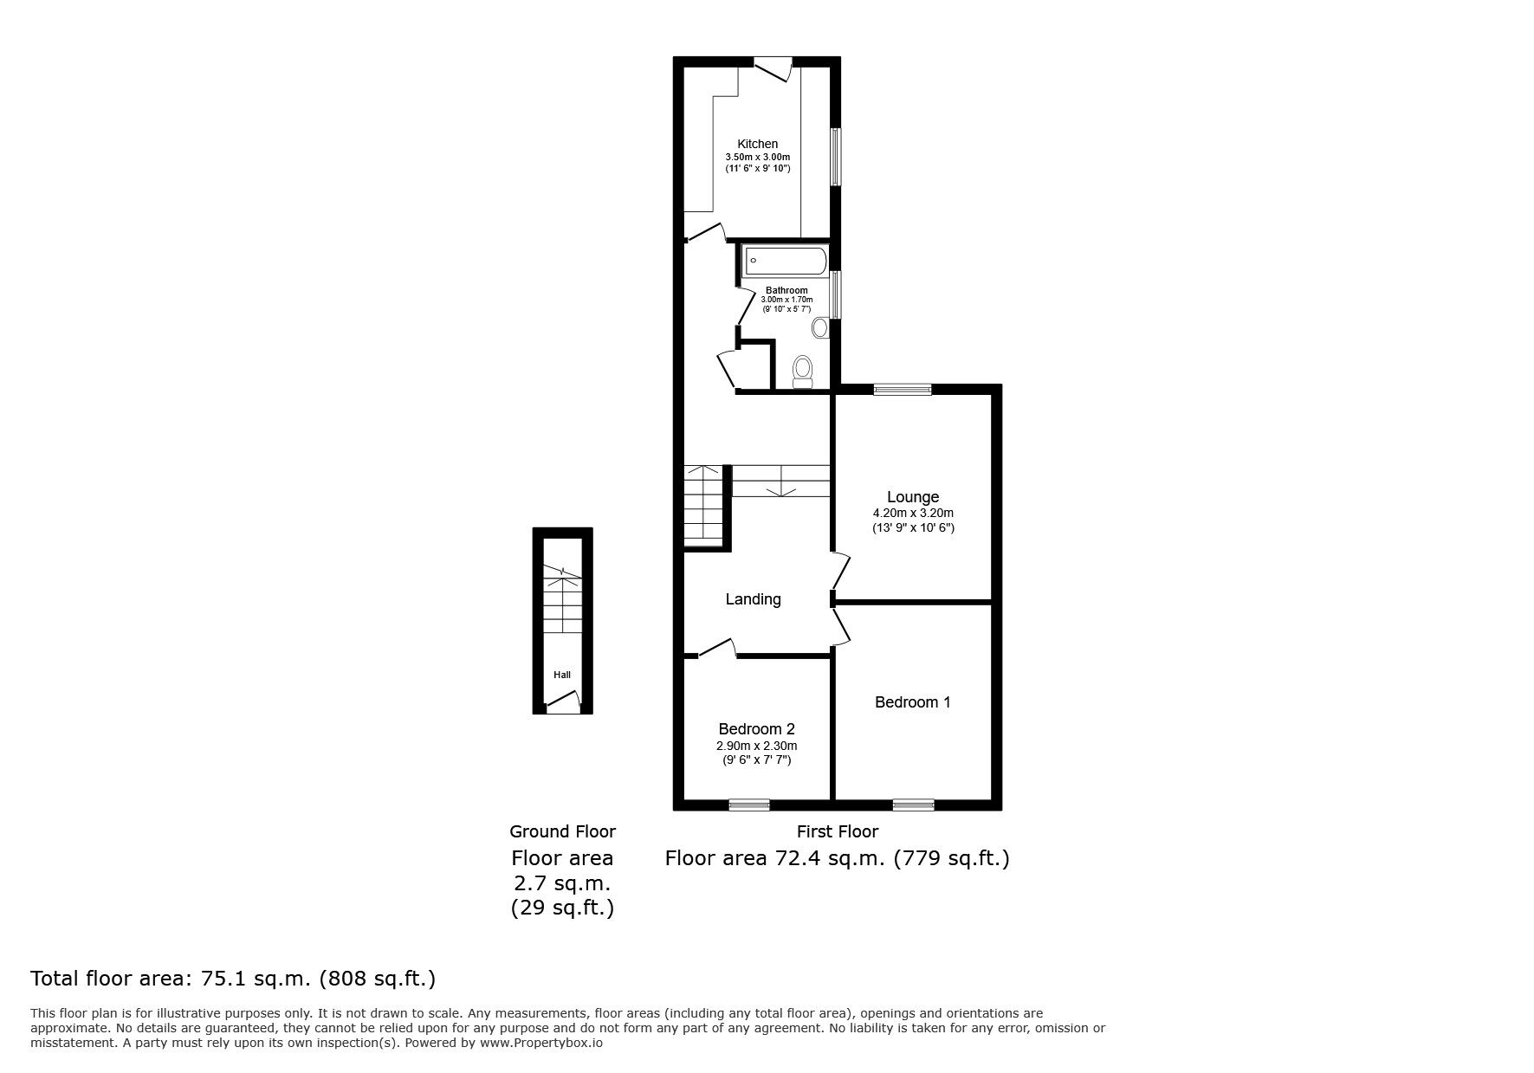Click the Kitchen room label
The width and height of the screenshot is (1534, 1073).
757,144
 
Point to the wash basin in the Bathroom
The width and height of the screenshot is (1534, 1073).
820,327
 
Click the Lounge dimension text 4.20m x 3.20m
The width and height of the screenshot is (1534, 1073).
913,513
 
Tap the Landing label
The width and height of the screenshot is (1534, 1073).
753,599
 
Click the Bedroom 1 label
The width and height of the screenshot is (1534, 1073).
912,702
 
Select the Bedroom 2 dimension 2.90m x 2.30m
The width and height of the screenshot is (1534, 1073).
756,746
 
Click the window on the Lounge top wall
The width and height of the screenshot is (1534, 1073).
902,390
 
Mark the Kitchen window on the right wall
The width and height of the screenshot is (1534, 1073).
836,157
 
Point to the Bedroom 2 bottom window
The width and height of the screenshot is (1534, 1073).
748,805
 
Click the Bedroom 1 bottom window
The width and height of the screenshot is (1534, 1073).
913,805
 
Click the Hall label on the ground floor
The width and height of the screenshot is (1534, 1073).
562,675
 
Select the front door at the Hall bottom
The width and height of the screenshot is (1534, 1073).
562,708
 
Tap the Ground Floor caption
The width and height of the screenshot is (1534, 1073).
562,831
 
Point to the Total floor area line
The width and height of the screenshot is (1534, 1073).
233,979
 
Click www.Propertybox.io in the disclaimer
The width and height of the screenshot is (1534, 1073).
540,1044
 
